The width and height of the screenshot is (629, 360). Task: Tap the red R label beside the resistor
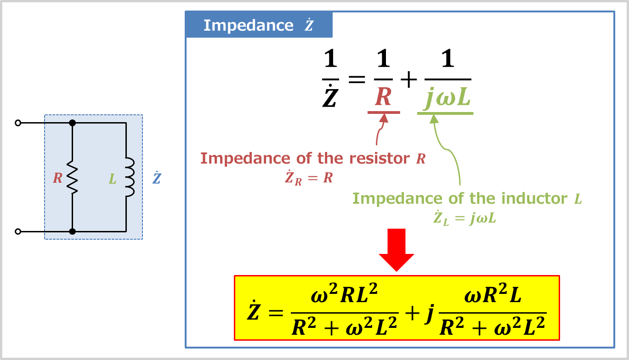[57, 178]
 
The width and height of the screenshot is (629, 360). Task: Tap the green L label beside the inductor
[113, 178]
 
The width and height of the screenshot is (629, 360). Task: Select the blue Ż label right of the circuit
[156, 178]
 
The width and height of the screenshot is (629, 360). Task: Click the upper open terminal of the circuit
[18, 123]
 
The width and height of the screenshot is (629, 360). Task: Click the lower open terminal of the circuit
[18, 232]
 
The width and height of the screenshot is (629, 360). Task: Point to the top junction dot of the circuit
[72, 123]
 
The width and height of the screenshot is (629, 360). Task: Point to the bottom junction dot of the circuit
[72, 232]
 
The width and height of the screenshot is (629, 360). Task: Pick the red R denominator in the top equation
[383, 97]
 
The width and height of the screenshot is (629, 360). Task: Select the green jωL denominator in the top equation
[445, 98]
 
